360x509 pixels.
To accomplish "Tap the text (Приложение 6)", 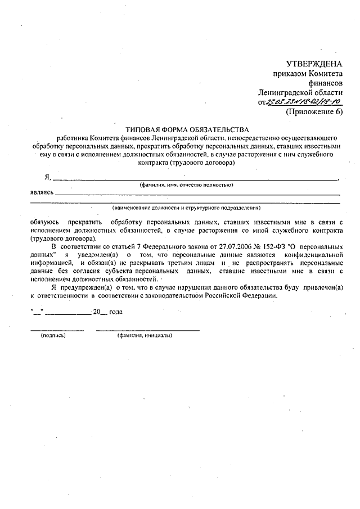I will tap(314, 111).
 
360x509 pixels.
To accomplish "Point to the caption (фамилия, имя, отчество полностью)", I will tap(186, 184).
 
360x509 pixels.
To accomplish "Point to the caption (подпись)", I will tap(53, 336).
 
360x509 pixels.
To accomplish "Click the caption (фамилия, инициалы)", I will tap(145, 336).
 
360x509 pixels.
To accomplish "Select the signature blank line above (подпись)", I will tap(57, 329).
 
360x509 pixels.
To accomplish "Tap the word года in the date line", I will tap(115, 311).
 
